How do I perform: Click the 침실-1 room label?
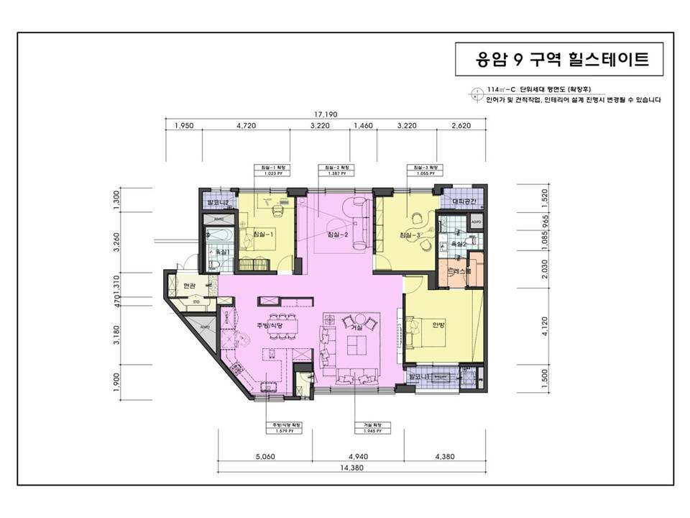click(263, 235)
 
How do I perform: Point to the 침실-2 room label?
click(338, 235)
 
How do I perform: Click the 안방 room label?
click(439, 324)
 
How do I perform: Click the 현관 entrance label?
click(189, 286)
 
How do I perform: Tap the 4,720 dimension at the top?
click(246, 126)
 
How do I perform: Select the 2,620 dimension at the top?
click(460, 126)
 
